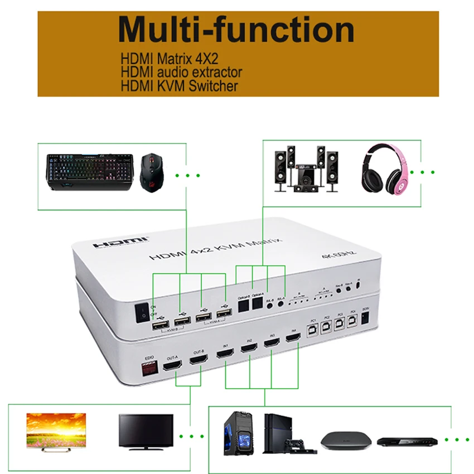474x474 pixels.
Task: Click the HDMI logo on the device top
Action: click(120, 242)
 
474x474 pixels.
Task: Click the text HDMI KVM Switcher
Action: click(179, 86)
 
